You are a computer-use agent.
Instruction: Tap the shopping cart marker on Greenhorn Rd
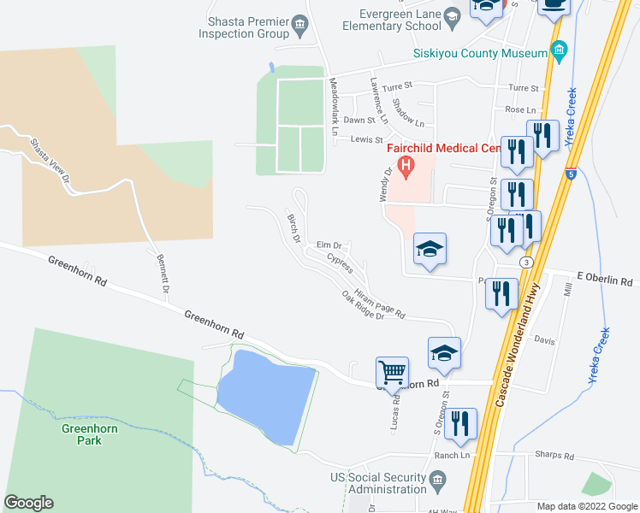[x=392, y=373]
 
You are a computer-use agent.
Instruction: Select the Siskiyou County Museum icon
[x=559, y=53]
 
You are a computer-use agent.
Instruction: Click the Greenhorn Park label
[x=81, y=434]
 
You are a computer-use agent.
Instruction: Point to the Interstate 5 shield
[x=570, y=174]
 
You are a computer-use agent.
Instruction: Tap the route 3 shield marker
[x=527, y=261]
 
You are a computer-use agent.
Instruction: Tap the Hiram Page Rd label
[x=378, y=303]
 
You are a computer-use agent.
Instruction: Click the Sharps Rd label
[x=551, y=455]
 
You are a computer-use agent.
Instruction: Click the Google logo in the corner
[x=28, y=503]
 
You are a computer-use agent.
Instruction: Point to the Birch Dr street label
[x=294, y=227]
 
